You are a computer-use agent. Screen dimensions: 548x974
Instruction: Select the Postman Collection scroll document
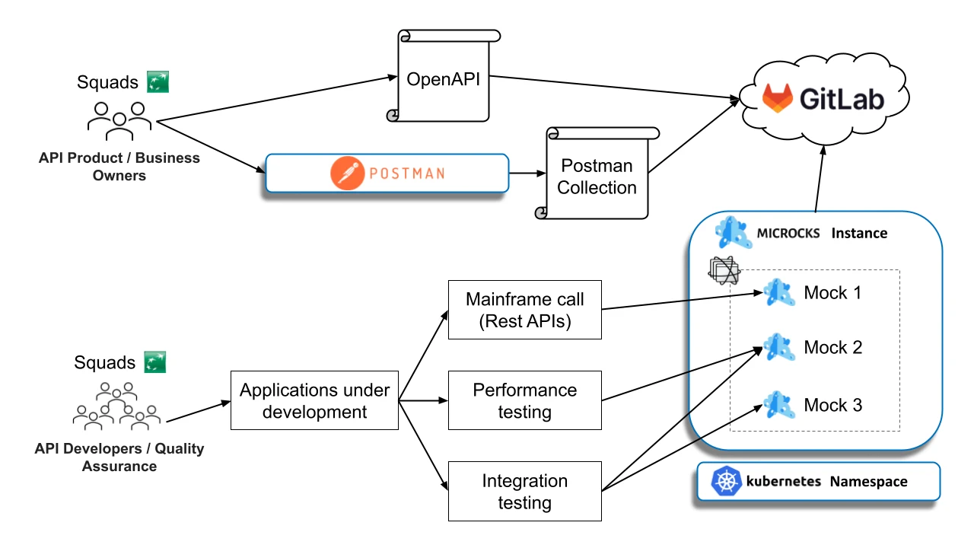click(597, 176)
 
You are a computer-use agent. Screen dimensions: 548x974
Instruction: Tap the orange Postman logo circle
click(348, 173)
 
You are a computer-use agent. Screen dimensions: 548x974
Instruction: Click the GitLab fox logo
click(777, 98)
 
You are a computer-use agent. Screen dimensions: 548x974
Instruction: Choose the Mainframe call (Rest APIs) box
click(525, 311)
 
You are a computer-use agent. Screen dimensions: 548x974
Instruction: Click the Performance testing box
click(525, 401)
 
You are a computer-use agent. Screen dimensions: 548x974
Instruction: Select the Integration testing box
click(525, 492)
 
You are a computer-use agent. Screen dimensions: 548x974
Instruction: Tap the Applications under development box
click(314, 401)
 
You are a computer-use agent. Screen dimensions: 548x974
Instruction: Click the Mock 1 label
click(832, 293)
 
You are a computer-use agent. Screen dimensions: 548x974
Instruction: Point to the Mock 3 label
click(832, 405)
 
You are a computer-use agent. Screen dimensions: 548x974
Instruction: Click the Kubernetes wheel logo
click(726, 481)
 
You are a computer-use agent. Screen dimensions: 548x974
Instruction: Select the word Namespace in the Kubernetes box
click(868, 482)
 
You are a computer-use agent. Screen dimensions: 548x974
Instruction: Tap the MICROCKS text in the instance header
click(788, 233)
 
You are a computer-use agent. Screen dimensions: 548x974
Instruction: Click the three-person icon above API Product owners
click(119, 120)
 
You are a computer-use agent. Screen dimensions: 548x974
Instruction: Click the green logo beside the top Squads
click(158, 81)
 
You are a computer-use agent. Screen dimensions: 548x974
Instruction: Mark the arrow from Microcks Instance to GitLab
click(819, 180)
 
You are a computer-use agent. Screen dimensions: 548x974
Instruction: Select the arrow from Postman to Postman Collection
click(526, 174)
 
